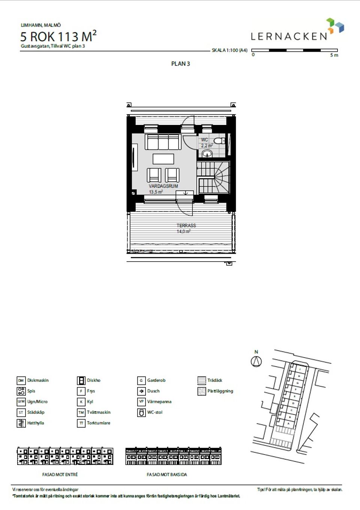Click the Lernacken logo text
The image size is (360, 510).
coord(289,36)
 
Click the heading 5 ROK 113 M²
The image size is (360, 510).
coord(58,37)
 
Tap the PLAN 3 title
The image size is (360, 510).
coord(180,64)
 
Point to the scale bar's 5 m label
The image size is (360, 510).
coord(334,55)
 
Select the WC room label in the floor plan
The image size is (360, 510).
coord(204,140)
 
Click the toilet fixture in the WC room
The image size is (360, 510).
coord(219,141)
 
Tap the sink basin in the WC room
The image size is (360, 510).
coord(207,153)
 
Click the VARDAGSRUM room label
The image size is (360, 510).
coord(163,186)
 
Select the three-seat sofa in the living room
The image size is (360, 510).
coord(163,142)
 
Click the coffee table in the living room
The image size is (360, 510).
coord(163,159)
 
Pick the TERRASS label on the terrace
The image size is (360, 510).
coord(186,226)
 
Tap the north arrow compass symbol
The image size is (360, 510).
coord(256,361)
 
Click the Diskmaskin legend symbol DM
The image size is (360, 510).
coord(21,381)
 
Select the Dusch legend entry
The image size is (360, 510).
coord(153,391)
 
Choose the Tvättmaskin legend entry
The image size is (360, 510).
coord(98,412)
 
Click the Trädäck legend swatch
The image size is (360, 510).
coord(202,381)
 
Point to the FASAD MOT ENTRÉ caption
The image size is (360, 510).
coord(60,474)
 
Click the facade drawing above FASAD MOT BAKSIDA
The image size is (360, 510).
coord(173,456)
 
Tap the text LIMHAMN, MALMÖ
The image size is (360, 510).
coord(40,25)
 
